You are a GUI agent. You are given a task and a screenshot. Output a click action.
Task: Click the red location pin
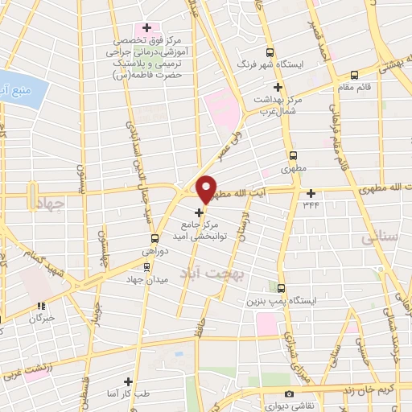[x=207, y=189]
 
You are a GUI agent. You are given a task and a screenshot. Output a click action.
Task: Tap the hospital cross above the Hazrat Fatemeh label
[x=146, y=27]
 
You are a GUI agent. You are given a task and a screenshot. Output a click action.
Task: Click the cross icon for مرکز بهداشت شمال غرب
[x=278, y=87]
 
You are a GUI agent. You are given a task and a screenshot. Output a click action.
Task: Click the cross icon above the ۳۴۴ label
[x=311, y=192]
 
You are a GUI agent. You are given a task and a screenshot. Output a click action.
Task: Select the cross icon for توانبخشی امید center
[x=200, y=212]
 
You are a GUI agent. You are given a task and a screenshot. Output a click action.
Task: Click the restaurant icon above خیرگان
[x=40, y=306]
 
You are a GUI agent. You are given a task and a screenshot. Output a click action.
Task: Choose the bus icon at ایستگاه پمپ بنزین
[x=281, y=287]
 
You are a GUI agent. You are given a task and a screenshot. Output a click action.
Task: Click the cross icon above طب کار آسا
[x=128, y=381]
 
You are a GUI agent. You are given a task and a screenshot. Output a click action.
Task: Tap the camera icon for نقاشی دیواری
[x=289, y=394]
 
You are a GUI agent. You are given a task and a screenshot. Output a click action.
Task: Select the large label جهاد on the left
[x=49, y=204]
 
